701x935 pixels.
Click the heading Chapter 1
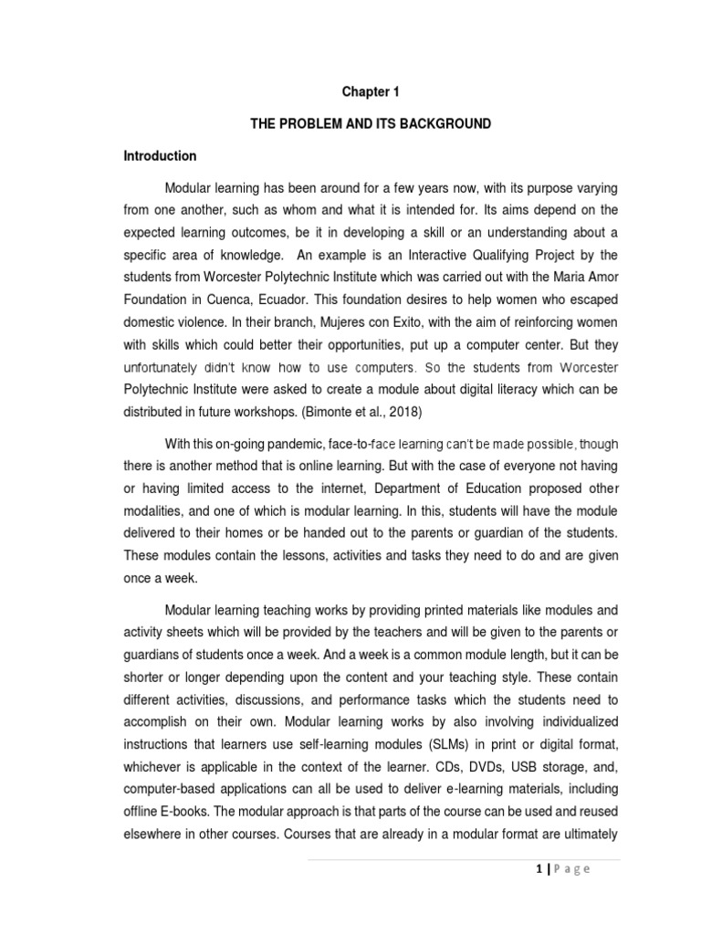tap(371, 91)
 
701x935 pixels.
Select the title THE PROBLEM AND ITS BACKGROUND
tap(371, 123)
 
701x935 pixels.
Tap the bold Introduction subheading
tap(160, 156)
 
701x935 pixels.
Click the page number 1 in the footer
tap(540, 869)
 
